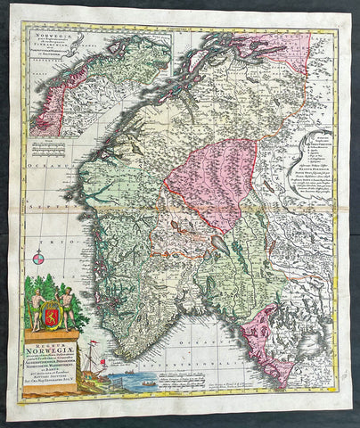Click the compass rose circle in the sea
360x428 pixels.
pos(38,259)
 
